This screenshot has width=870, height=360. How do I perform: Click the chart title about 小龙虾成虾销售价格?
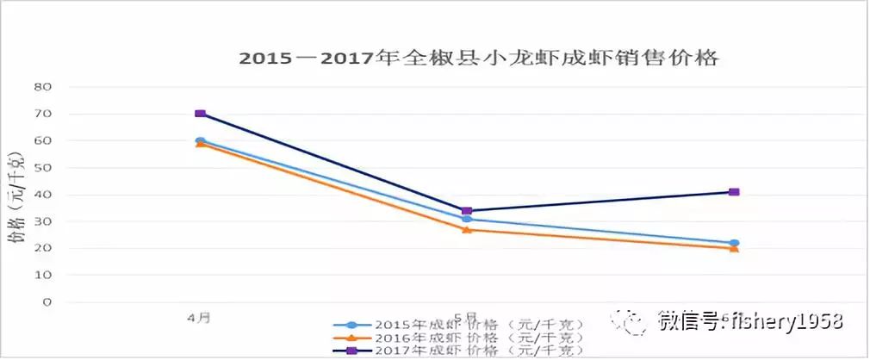tap(478, 59)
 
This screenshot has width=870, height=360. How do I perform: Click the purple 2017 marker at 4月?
tap(200, 114)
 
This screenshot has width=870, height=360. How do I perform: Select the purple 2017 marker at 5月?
tap(467, 210)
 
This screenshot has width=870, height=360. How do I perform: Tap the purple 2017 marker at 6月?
tap(734, 192)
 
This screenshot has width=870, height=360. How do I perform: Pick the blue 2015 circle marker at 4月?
tap(200, 140)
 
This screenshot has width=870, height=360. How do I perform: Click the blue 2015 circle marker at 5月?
tap(467, 220)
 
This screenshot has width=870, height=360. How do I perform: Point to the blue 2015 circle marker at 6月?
tap(734, 243)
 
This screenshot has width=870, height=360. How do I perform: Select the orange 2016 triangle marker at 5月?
tap(467, 230)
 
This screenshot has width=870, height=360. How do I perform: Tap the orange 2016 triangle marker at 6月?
tap(734, 249)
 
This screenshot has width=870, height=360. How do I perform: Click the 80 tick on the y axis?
tap(43, 87)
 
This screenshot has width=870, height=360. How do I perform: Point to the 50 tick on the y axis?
tap(43, 168)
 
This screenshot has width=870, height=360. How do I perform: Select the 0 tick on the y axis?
tap(48, 302)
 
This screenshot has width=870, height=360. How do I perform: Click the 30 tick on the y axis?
tap(43, 221)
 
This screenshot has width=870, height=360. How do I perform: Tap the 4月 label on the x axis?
tap(199, 318)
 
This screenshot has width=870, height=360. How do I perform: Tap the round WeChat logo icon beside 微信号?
tap(631, 322)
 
